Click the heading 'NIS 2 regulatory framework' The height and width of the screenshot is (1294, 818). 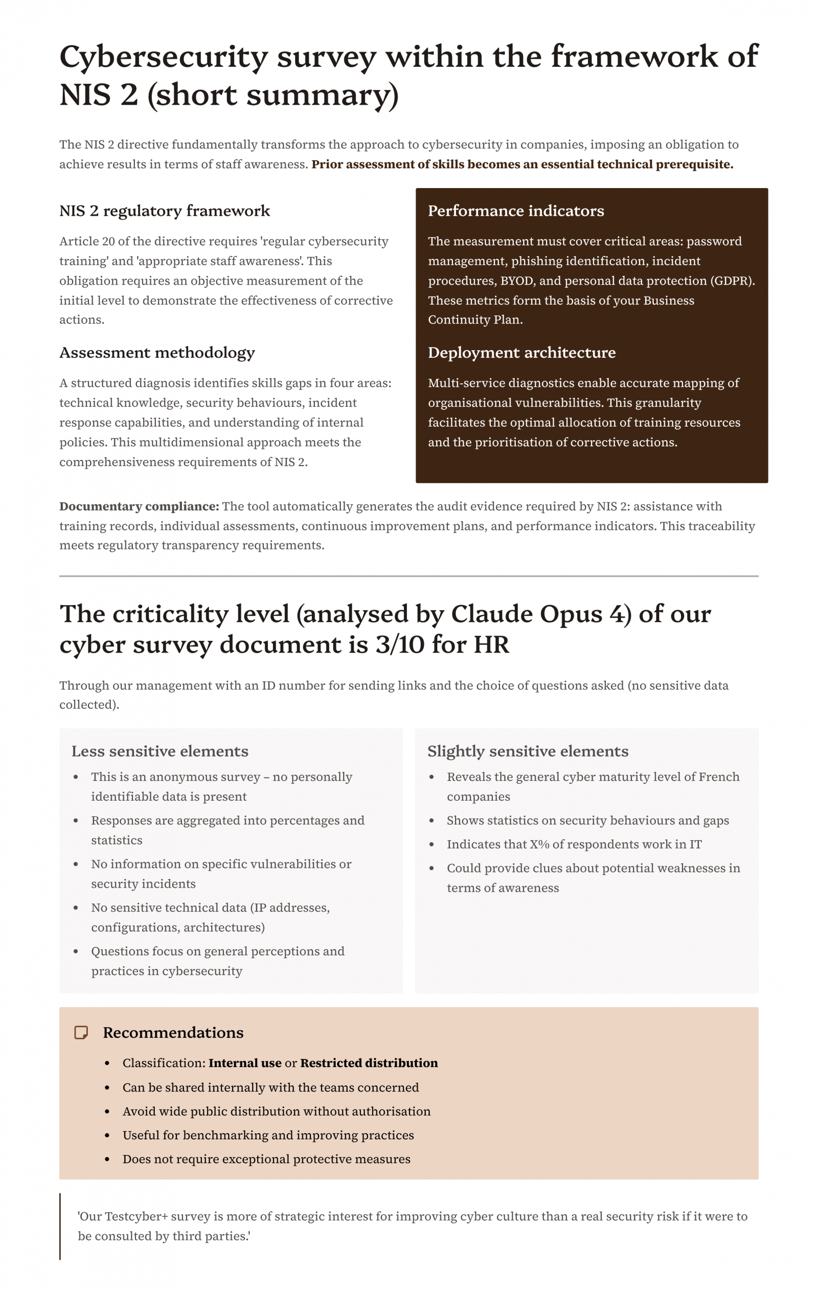164,211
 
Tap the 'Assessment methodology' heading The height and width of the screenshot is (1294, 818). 157,352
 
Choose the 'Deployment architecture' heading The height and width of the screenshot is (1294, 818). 521,352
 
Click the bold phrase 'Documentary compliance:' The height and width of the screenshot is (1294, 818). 139,506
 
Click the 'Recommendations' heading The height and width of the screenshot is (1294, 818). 173,1032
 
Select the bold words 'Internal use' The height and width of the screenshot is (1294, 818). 245,1063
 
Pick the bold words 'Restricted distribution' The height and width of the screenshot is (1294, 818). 369,1063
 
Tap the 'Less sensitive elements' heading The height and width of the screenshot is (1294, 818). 160,751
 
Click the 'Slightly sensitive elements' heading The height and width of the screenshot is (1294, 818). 527,751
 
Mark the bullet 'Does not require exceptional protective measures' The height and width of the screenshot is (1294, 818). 266,1159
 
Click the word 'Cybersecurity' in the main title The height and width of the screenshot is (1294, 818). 163,57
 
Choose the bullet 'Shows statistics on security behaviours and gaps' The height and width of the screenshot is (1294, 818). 587,820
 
